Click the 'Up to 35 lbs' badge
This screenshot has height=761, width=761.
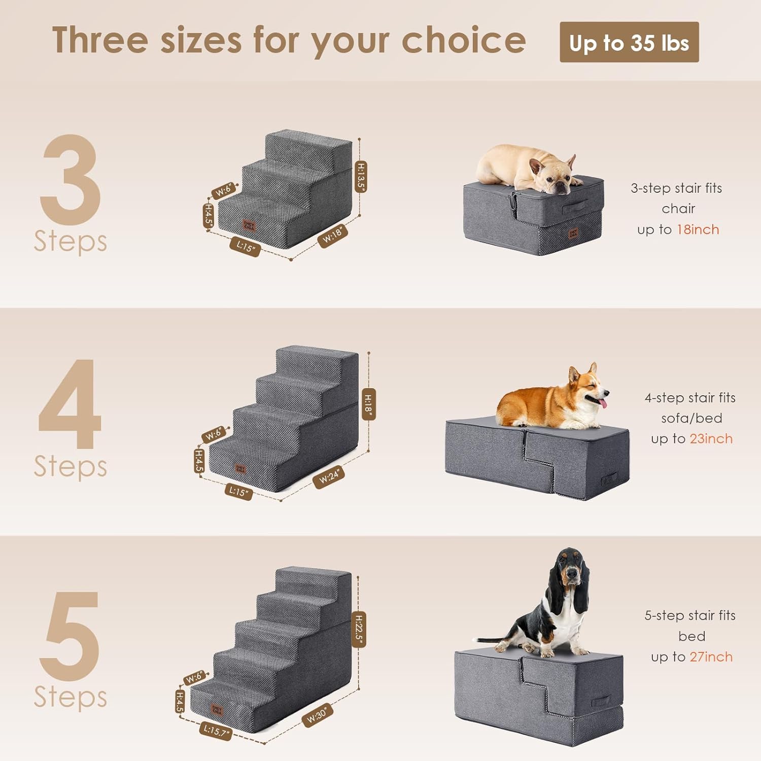pos(629,43)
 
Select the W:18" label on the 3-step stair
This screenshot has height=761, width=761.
pos(333,236)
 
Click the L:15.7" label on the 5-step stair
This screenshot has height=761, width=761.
pos(216,731)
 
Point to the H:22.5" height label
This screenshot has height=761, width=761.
pos(358,629)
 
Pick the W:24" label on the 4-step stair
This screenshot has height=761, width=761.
pos(329,477)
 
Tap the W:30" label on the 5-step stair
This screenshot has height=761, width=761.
pos(317,715)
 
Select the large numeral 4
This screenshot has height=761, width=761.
pos(70,404)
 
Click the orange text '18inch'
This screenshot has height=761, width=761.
pos(698,230)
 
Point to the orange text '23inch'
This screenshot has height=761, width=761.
pos(711,439)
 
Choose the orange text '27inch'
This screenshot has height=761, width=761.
pos(711,657)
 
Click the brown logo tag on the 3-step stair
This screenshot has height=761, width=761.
pos(249,226)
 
